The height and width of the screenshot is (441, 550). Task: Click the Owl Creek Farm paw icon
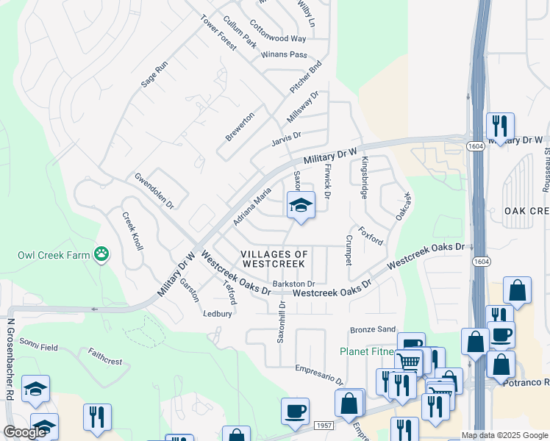tap(101, 255)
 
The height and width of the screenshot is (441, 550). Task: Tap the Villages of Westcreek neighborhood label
tap(274, 258)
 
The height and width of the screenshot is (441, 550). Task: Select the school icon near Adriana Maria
tap(300, 206)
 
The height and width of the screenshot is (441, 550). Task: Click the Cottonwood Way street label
tap(278, 38)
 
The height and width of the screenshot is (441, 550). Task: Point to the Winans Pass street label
tap(287, 54)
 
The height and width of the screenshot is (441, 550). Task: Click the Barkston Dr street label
tap(293, 284)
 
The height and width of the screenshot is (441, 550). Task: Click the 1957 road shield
tap(324, 426)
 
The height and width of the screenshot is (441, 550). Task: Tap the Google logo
tap(25, 433)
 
